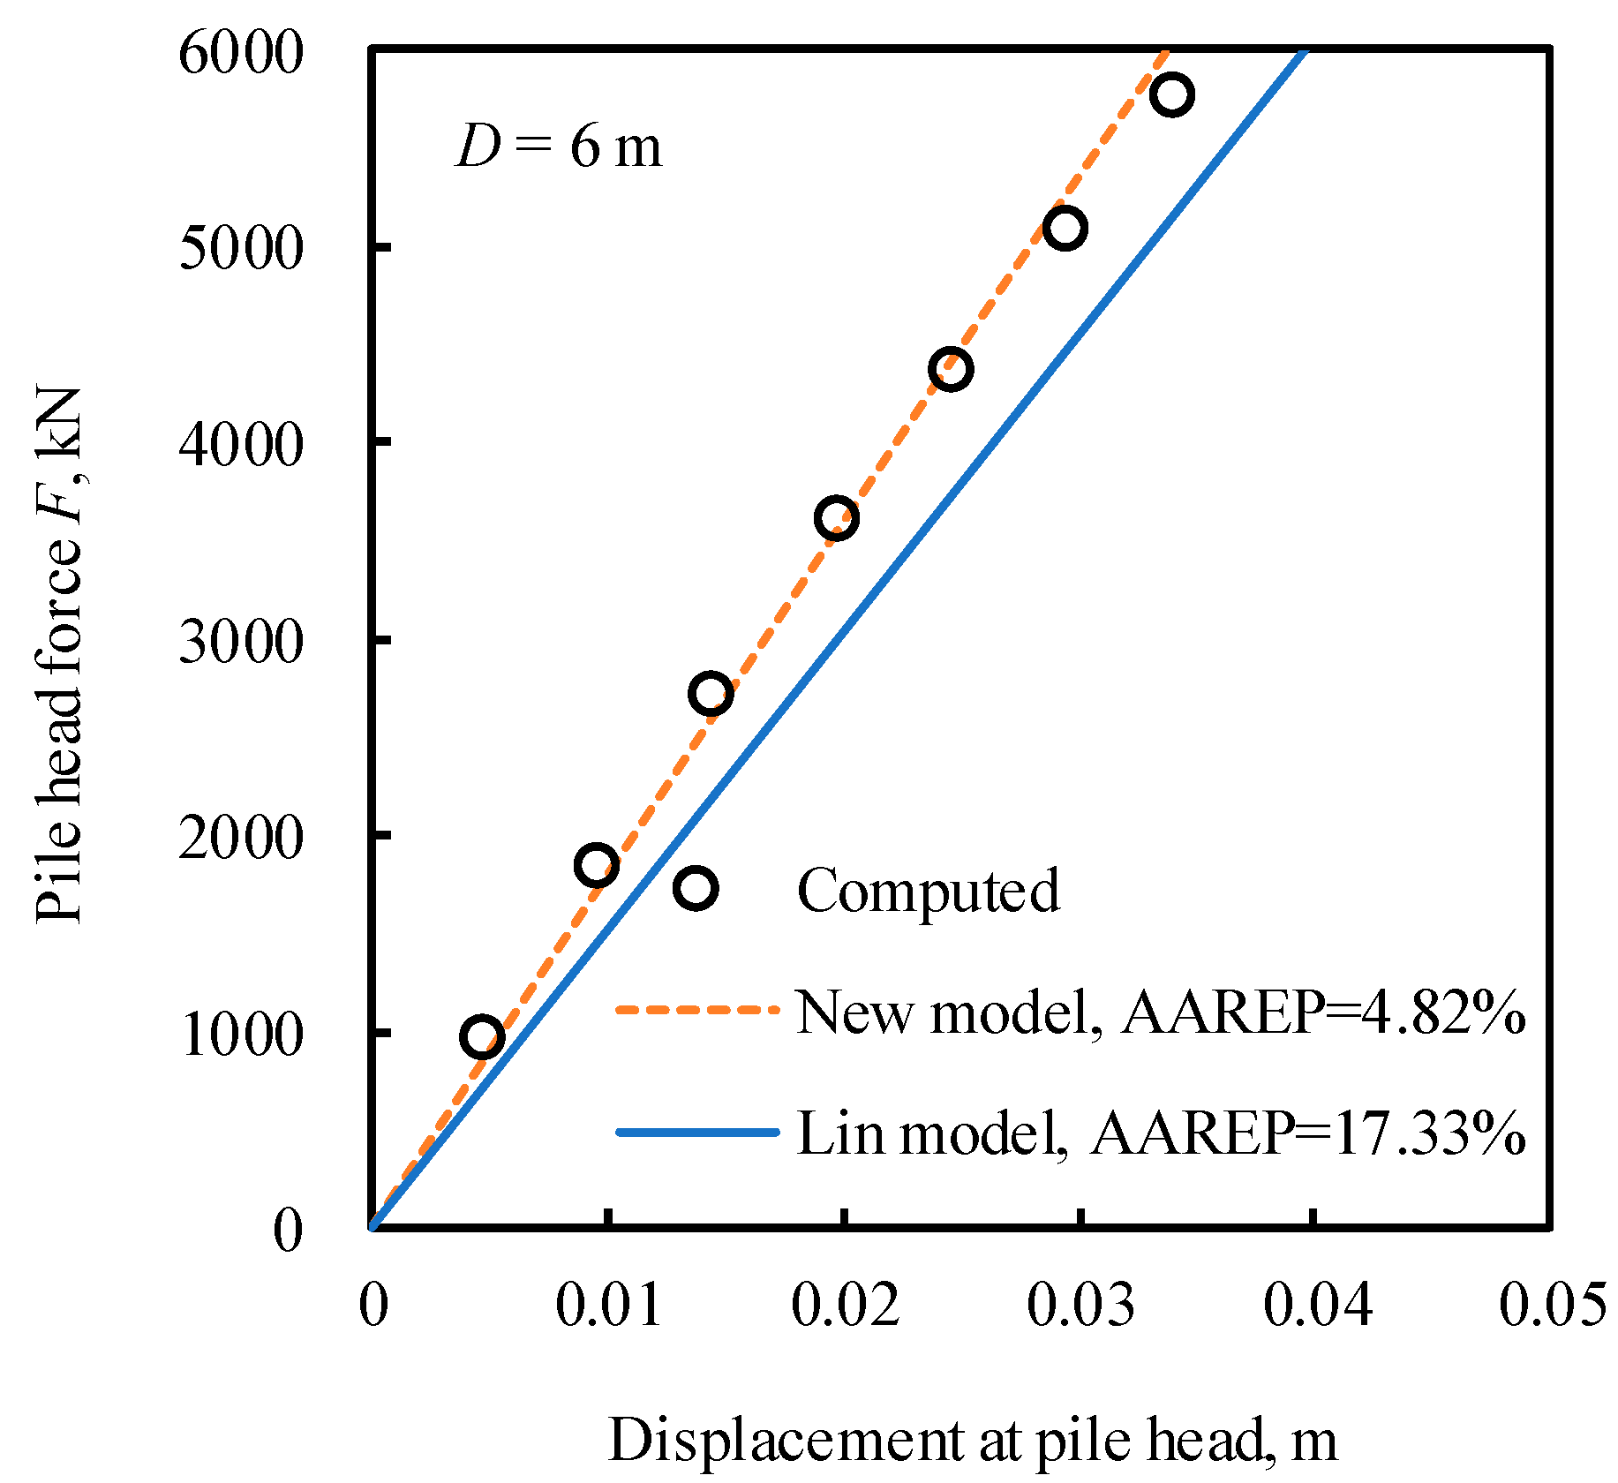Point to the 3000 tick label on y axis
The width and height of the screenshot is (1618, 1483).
pos(240,642)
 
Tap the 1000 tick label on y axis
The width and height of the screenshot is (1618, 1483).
pos(240,1035)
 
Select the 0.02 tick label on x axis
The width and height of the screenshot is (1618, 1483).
pos(845,1305)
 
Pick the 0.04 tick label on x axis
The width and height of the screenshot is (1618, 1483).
pos(1317,1305)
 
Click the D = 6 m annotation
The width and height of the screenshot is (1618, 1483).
pos(558,147)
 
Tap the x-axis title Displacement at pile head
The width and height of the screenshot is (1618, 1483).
pos(972,1440)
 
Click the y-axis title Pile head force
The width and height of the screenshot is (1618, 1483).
pos(59,654)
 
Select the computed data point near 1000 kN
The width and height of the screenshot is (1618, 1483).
pos(482,1037)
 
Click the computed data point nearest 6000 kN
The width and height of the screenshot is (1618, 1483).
pos(1172,94)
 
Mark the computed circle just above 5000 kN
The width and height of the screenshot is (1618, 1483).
pos(1065,229)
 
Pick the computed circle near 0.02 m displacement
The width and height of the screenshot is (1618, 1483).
pos(837,518)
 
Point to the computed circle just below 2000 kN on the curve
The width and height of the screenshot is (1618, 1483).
pos(596,865)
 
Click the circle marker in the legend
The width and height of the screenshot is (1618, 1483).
pos(696,888)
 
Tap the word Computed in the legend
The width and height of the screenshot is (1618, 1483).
pos(928,890)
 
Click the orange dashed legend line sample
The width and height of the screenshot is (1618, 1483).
pos(697,1009)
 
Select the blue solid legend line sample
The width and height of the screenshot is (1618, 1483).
pos(697,1132)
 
